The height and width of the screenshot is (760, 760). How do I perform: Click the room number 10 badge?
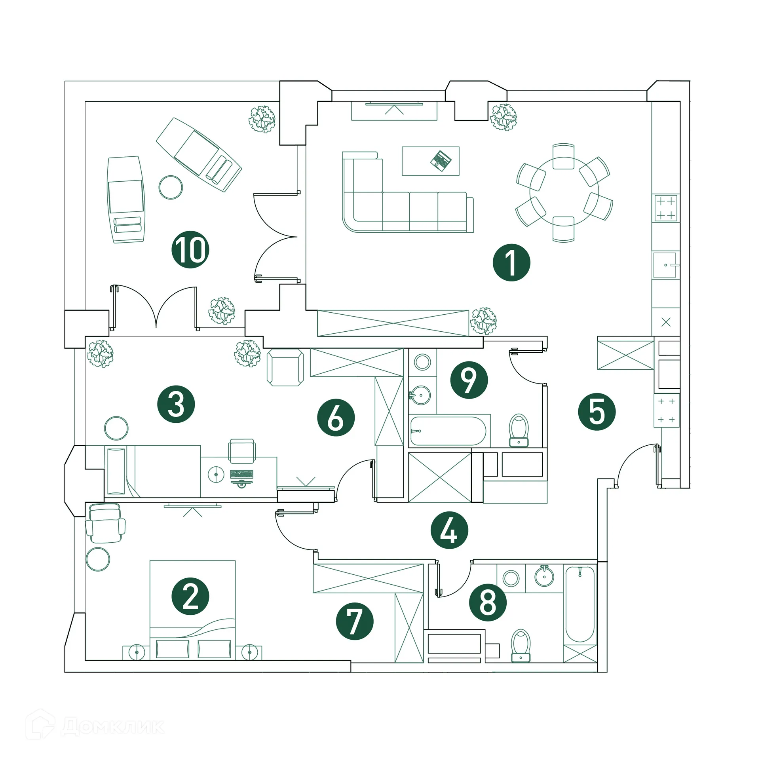click(190, 250)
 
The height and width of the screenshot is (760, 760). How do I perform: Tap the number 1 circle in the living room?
click(511, 262)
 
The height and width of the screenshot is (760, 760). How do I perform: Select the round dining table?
click(564, 192)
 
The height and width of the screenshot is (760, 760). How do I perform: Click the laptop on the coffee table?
click(441, 161)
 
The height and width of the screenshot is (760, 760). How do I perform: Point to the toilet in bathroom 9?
click(519, 431)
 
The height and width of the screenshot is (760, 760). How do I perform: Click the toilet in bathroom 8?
click(521, 646)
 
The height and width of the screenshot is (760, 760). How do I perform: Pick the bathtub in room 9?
click(448, 431)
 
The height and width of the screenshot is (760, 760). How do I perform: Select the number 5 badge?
click(597, 412)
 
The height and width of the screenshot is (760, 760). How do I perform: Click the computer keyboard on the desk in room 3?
click(241, 474)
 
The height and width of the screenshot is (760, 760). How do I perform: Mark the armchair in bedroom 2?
click(105, 523)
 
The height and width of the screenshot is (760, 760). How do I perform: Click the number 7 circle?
click(354, 621)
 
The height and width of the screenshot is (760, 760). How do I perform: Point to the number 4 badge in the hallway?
click(449, 530)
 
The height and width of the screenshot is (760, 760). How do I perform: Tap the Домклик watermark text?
click(113, 727)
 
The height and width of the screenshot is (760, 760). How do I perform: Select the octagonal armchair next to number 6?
click(285, 367)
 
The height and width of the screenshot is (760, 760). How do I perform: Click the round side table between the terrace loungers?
click(171, 187)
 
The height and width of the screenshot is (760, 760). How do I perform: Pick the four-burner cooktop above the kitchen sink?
click(666, 208)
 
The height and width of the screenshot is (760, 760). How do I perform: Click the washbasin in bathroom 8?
click(544, 576)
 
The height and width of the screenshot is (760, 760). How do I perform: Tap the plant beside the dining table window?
click(503, 117)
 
